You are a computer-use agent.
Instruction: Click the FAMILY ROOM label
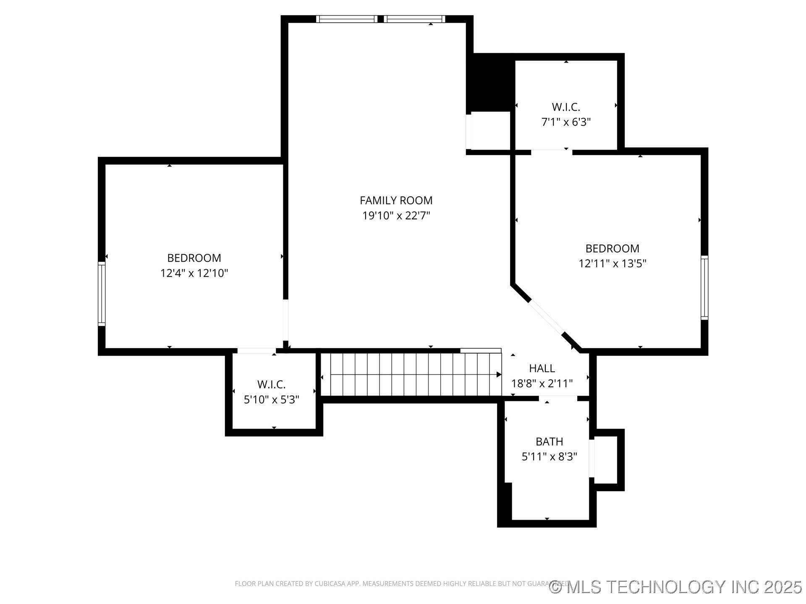396,200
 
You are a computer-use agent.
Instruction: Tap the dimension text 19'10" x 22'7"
396,216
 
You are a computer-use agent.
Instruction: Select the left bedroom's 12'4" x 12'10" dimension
194,273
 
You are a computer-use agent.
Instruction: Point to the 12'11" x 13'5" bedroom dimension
612,264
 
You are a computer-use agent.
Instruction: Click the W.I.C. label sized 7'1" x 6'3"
566,107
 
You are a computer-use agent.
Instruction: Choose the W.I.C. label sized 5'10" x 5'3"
271,384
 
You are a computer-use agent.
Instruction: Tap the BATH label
549,442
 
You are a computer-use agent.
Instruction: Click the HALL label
542,368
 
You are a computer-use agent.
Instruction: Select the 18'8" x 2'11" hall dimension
542,383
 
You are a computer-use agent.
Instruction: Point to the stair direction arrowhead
499,375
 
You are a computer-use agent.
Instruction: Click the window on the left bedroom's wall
102,294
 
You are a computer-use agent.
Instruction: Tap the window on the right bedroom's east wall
704,288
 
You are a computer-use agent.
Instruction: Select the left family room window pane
347,19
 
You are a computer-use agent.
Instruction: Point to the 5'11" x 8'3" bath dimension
549,457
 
